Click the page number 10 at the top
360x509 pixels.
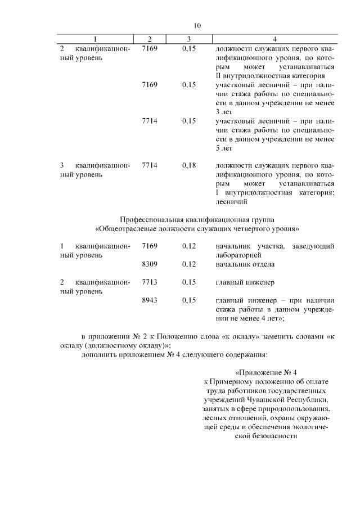tap(197, 25)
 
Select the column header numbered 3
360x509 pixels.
tap(189, 39)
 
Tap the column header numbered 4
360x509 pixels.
tap(274, 39)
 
